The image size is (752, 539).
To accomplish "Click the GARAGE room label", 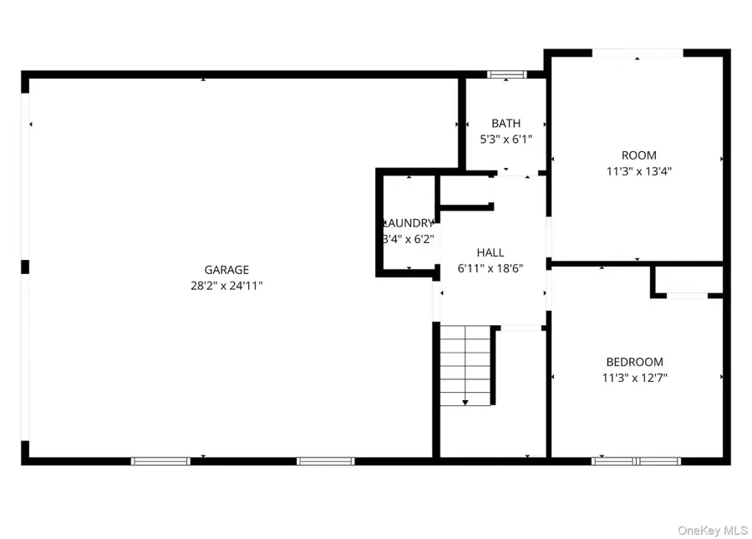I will (x=226, y=270).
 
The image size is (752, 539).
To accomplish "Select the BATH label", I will (x=506, y=124).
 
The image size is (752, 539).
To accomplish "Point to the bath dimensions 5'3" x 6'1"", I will (x=506, y=140).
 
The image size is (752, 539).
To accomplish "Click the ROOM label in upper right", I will (x=638, y=155).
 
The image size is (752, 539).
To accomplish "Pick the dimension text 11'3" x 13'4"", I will (x=638, y=171).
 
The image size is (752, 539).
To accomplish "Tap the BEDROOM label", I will (x=634, y=362).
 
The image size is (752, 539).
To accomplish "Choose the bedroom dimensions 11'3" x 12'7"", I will (x=634, y=378).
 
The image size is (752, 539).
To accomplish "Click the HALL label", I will (x=490, y=252).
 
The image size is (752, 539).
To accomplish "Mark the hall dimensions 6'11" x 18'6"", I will (x=490, y=268).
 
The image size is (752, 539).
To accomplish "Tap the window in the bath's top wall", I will (x=507, y=74).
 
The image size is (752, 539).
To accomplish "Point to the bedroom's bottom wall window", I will (x=636, y=460).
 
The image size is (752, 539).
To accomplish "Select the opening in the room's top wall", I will (x=638, y=54).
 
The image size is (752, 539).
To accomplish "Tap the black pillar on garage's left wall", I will (x=25, y=267).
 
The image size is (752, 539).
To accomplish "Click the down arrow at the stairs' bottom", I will (x=465, y=402).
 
